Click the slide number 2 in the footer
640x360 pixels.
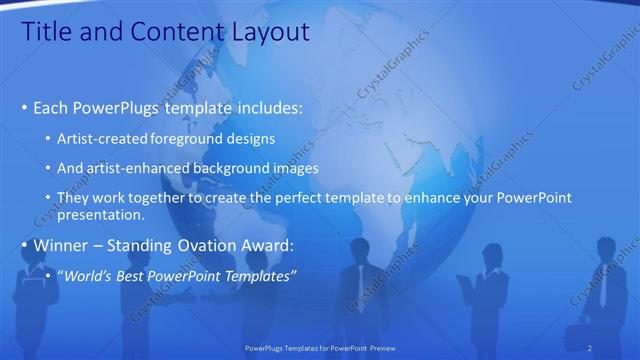point(590,349)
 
